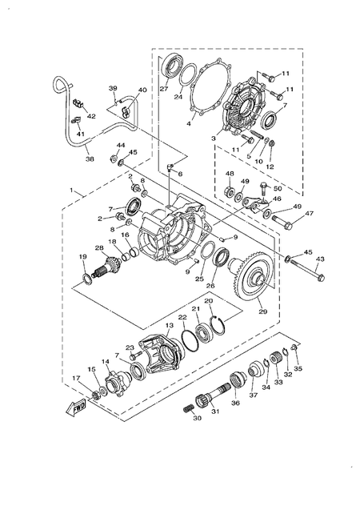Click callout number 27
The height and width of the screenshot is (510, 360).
pyautogui.click(x=163, y=90)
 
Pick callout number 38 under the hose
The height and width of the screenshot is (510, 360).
pyautogui.click(x=89, y=159)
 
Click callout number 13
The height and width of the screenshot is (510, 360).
pyautogui.click(x=169, y=326)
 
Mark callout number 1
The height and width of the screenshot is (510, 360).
pyautogui.click(x=74, y=192)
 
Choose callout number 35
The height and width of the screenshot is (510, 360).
pyautogui.click(x=298, y=369)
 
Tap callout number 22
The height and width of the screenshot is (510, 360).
pyautogui.click(x=182, y=318)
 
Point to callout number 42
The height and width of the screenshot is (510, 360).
pyautogui.click(x=91, y=116)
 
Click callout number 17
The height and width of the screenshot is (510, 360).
pyautogui.click(x=76, y=379)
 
